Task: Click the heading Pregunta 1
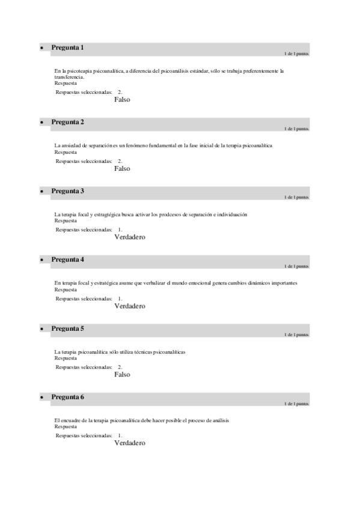pos(67,48)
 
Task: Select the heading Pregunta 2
pos(67,122)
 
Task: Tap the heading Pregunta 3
pos(67,191)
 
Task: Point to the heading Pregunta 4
pos(67,260)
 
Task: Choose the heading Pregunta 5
pos(67,329)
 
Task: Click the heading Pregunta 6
pos(67,398)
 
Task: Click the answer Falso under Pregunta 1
pos(122,100)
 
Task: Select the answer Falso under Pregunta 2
pos(122,168)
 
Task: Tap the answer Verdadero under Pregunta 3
pos(130,237)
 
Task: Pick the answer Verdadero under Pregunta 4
pos(130,306)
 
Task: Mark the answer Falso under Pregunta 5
pos(122,375)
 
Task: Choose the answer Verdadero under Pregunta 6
pos(130,443)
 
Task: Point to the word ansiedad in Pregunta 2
pos(73,146)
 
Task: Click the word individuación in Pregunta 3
pos(231,215)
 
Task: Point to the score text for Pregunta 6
pos(296,404)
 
